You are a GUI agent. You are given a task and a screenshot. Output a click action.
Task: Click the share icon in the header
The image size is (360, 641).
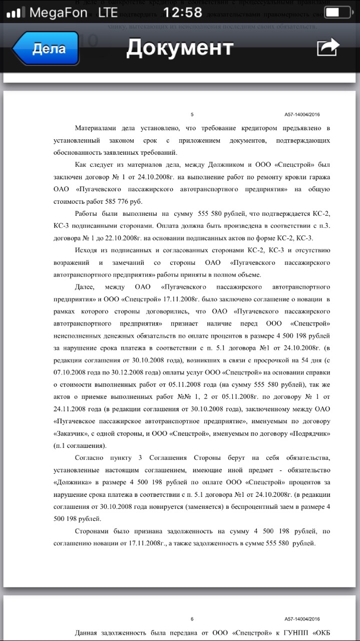[328, 48]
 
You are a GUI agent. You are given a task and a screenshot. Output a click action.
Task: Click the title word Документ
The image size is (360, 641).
[180, 48]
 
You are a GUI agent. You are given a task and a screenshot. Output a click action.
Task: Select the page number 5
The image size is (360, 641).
[192, 115]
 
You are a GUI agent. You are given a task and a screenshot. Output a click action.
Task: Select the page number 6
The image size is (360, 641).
[192, 619]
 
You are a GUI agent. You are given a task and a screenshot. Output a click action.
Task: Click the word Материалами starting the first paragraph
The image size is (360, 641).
[98, 128]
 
